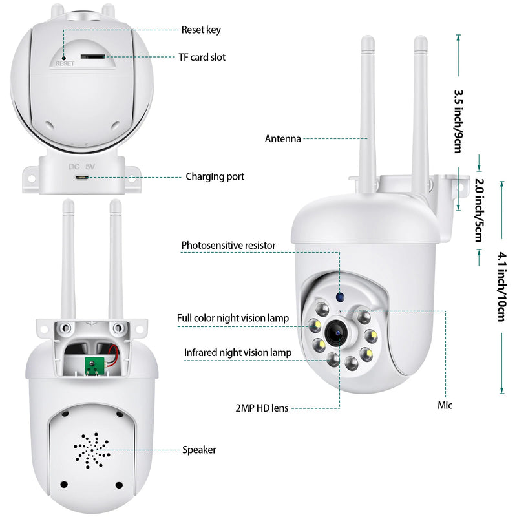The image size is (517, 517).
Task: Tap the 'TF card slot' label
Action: [202, 58]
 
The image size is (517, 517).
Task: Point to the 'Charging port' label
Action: [215, 176]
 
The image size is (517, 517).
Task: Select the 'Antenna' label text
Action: [282, 138]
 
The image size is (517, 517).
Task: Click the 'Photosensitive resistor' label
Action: [228, 246]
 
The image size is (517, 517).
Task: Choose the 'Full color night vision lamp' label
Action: [233, 318]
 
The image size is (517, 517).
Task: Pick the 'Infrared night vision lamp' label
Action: [237, 352]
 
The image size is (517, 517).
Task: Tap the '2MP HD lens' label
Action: [262, 408]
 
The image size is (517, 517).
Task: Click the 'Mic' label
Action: [445, 405]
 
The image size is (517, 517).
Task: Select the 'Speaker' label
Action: [199, 450]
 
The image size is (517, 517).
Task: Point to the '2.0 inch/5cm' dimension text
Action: [478, 210]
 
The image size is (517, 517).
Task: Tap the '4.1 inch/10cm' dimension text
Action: [500, 286]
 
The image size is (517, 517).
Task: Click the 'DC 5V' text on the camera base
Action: [82, 165]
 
